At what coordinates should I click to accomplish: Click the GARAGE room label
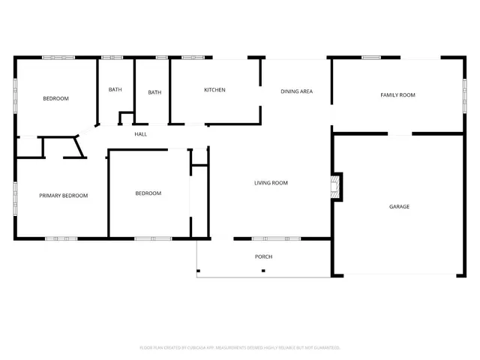[399, 206]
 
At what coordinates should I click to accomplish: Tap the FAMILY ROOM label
[397, 95]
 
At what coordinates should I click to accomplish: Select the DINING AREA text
[296, 91]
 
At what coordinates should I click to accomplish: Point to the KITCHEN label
[214, 90]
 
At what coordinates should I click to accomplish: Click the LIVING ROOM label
[271, 183]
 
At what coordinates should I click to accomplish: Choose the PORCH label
[263, 256]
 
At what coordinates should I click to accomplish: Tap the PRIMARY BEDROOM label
[64, 196]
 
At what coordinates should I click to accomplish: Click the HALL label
[140, 134]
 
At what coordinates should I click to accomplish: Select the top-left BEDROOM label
[55, 99]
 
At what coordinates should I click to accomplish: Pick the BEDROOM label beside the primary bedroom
[148, 193]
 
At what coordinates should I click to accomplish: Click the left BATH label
[115, 90]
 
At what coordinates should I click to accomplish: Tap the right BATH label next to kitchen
[154, 93]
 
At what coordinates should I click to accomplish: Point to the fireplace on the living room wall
[337, 187]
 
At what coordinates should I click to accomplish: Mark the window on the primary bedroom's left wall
[15, 199]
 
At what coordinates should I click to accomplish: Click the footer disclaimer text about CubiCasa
[240, 347]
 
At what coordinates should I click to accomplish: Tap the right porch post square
[262, 270]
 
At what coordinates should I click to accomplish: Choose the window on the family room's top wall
[372, 57]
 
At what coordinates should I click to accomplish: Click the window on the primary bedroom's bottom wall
[61, 238]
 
